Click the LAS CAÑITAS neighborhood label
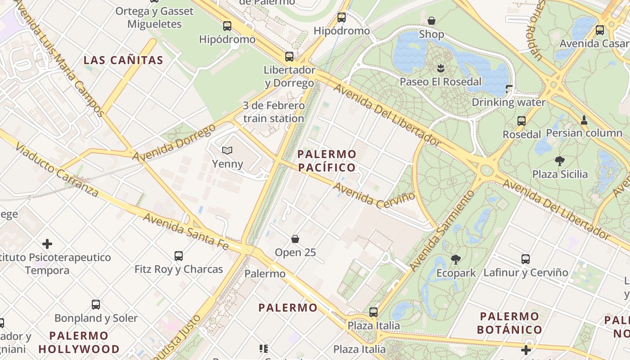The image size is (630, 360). click(123, 60)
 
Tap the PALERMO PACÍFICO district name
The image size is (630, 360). click(327, 161)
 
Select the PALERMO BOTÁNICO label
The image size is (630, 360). click(509, 323)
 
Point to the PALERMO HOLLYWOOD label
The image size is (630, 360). click(79, 342)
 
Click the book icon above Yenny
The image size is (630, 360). click(227, 150)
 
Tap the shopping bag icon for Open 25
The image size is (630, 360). click(295, 239)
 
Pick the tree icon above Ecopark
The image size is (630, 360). click(456, 259)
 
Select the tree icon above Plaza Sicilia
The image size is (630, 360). click(560, 161)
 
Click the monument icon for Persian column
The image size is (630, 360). click(584, 120)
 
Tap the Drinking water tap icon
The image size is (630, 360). click(509, 89)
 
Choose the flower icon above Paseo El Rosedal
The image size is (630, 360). click(440, 68)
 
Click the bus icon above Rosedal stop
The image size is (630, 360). click(521, 121)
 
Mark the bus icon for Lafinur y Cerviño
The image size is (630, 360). click(526, 259)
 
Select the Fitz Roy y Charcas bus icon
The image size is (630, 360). click(179, 256)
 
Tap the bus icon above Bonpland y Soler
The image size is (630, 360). click(96, 304)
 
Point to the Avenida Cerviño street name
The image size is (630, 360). click(374, 194)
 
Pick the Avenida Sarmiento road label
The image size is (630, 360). click(442, 230)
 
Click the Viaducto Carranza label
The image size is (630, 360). click(56, 170)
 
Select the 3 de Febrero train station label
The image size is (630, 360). click(274, 112)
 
